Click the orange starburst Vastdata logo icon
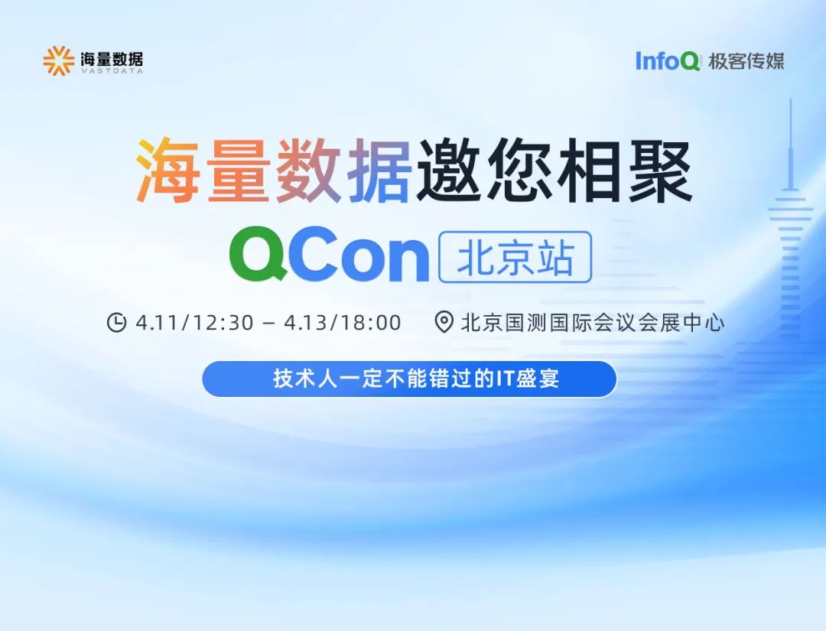click(58, 61)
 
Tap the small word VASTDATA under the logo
click(112, 70)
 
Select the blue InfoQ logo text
click(668, 61)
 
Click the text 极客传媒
click(746, 61)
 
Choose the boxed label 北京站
click(515, 258)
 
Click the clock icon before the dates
click(116, 323)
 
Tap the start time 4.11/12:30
click(194, 323)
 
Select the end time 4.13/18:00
click(343, 323)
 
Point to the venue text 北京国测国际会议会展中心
click(593, 323)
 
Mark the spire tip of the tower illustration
click(790, 103)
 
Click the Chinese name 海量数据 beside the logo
click(112, 57)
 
